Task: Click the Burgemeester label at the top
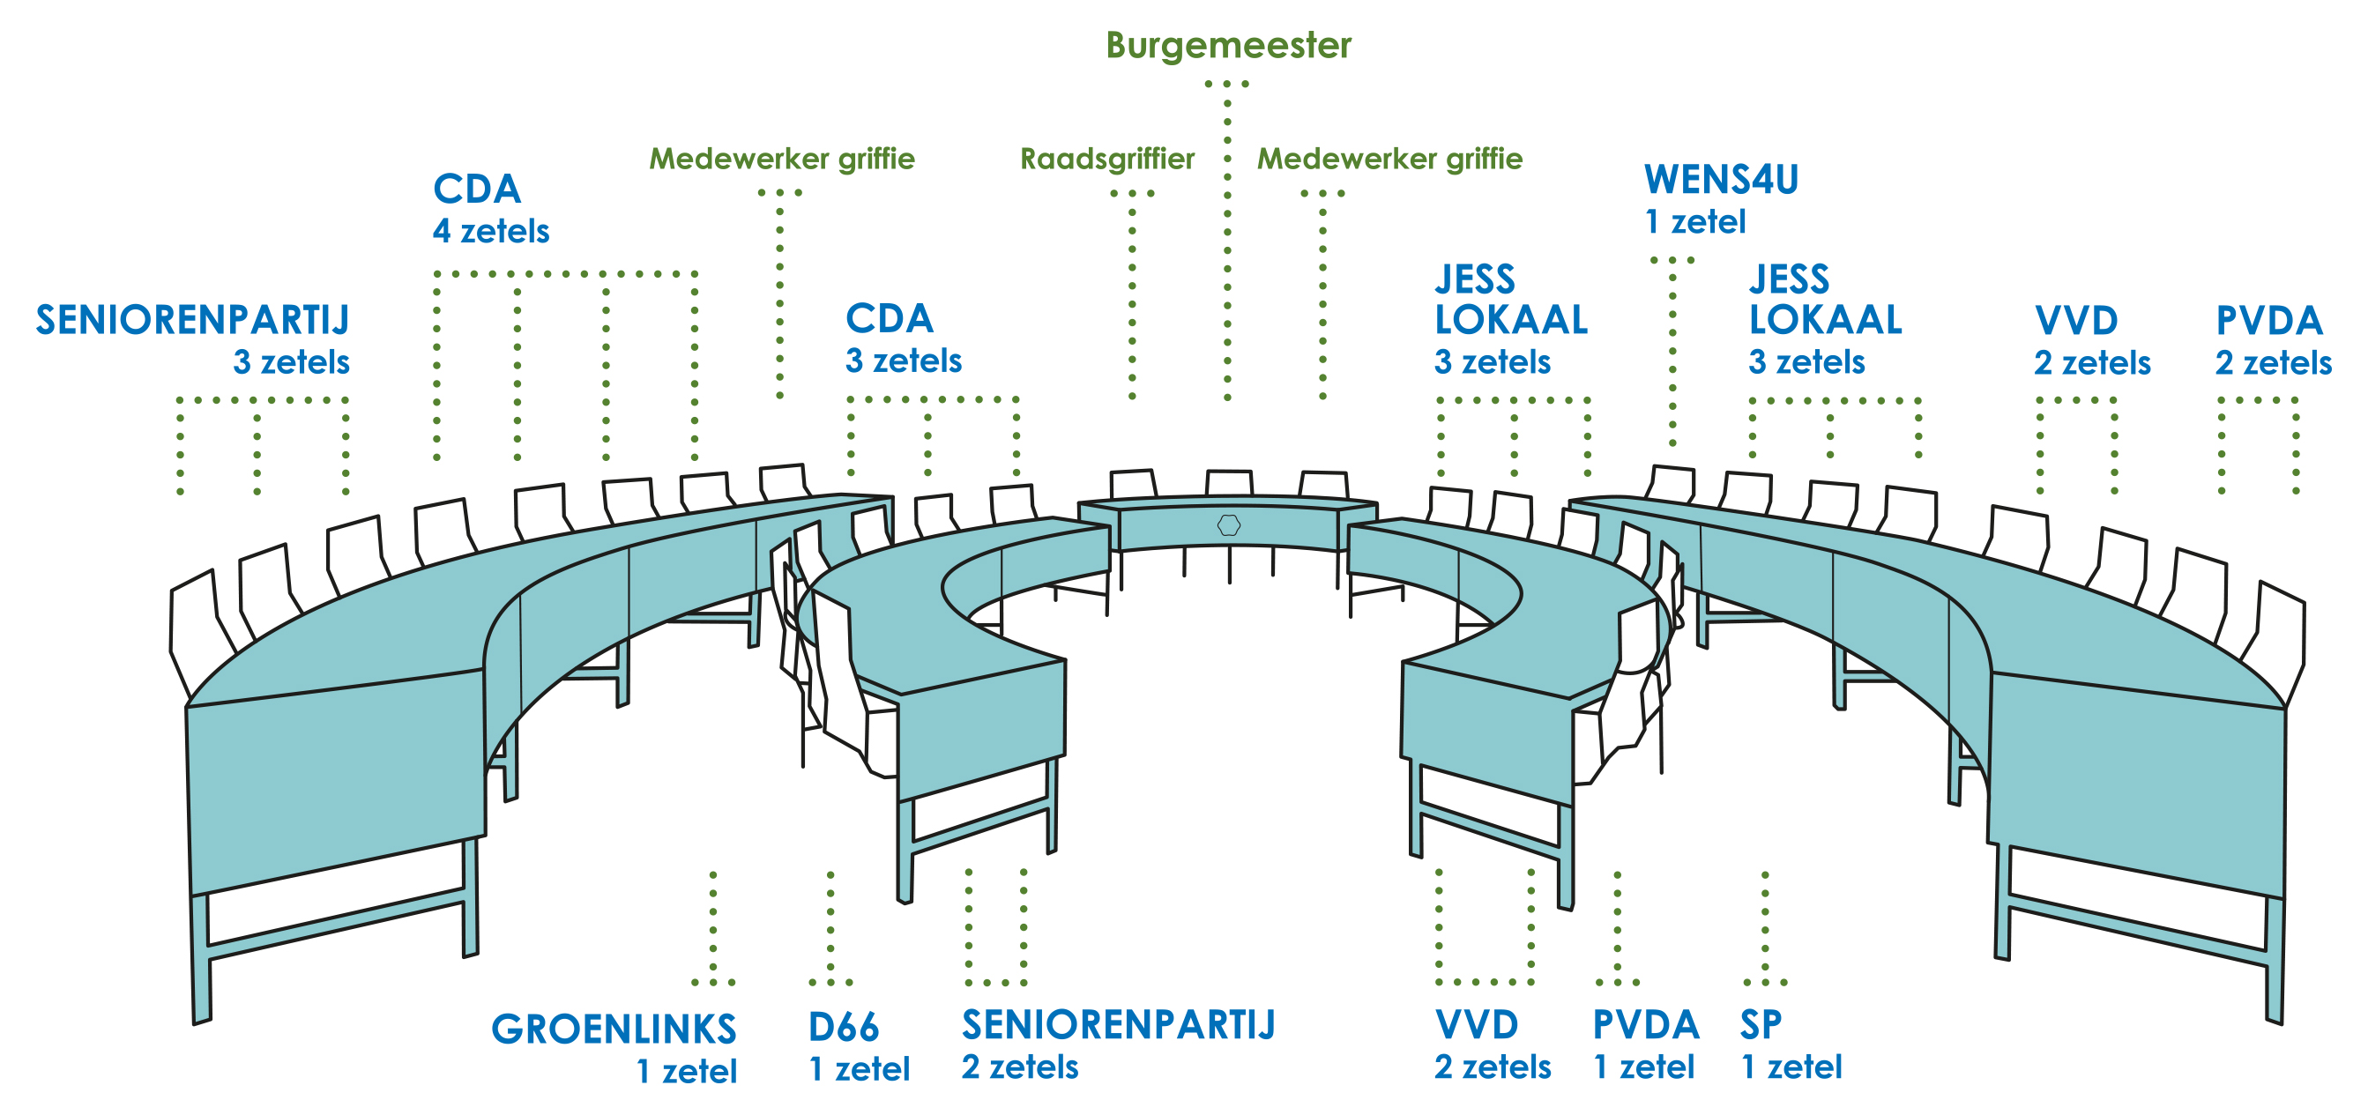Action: (x=1228, y=45)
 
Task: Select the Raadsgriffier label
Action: (x=1106, y=159)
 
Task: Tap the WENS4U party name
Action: (x=1721, y=179)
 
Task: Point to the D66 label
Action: (x=843, y=1027)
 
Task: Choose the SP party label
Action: (x=1761, y=1025)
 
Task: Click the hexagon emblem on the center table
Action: (x=1229, y=524)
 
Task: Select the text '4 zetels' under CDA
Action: (x=491, y=231)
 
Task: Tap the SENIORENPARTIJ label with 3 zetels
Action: (x=193, y=320)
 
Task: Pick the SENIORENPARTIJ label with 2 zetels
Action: (x=1118, y=1025)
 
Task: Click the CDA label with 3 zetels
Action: (x=889, y=319)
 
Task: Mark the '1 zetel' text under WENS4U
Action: (x=1695, y=221)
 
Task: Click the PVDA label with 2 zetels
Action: (x=2268, y=321)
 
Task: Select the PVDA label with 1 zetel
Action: (x=1645, y=1025)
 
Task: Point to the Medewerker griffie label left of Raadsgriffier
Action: (x=781, y=159)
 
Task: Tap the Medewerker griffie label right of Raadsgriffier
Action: (x=1389, y=159)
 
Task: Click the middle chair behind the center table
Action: (x=1229, y=483)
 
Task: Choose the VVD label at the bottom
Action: (x=1477, y=1025)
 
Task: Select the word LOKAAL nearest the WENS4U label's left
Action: (x=1511, y=320)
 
